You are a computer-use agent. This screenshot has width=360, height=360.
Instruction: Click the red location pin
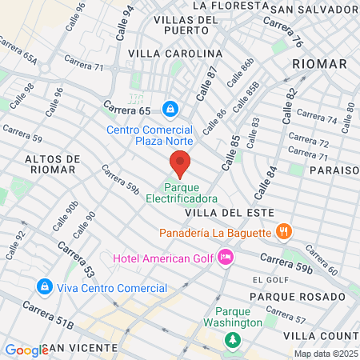[180, 164]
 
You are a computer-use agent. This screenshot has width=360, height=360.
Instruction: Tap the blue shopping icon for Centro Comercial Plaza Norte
[170, 108]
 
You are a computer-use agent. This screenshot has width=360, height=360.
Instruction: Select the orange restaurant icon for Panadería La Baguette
[282, 233]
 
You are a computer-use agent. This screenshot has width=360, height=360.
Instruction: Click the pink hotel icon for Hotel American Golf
[226, 257]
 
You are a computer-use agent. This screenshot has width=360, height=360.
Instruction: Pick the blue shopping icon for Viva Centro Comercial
[43, 286]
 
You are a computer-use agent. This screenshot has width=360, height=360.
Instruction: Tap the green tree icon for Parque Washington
[233, 340]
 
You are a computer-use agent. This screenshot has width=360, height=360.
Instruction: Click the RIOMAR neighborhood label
[320, 63]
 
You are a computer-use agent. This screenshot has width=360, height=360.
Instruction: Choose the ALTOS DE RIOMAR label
[50, 164]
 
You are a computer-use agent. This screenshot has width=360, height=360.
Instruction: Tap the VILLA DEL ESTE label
[230, 213]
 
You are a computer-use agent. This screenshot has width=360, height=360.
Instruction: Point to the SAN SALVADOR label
[313, 9]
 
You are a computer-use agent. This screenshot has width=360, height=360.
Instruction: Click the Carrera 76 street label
[292, 34]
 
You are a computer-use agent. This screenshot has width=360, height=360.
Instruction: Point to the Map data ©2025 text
[325, 354]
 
